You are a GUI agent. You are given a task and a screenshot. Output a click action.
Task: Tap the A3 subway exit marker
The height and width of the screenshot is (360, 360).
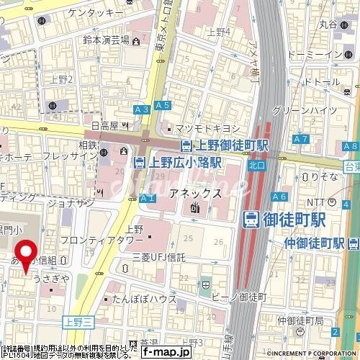click(x=141, y=109)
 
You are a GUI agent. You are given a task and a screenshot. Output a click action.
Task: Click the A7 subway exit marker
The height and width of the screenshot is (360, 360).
click(x=301, y=138)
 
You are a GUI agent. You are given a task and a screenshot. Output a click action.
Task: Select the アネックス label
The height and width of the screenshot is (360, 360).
click(x=194, y=193)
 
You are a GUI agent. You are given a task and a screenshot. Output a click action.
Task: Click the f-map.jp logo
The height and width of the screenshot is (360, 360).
click(x=165, y=352)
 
